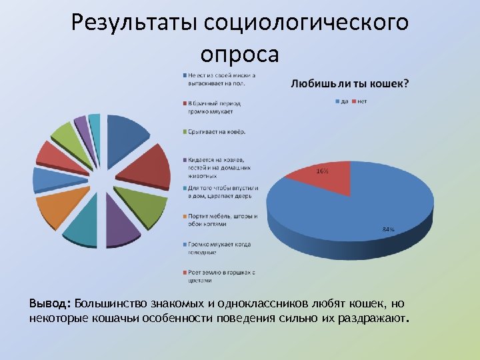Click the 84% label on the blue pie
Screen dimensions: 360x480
(x=388, y=229)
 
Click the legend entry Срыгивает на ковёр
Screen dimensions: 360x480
(x=217, y=131)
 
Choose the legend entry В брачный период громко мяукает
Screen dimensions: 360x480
(x=214, y=107)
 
